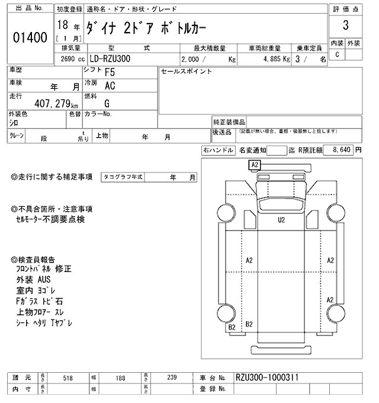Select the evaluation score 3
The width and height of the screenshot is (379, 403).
coord(345,27)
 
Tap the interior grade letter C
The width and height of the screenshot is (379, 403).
coord(338,55)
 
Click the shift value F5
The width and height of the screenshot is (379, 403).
coord(110,72)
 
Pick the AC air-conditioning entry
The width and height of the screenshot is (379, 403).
coord(110,87)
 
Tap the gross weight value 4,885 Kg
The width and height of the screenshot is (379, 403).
coord(272,59)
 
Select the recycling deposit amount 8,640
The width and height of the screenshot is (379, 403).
coord(343,151)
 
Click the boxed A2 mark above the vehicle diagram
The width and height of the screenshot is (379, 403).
coord(255,164)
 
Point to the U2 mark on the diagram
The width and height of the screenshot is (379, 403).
coord(281,219)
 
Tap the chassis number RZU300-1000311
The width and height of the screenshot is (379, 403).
coord(266,376)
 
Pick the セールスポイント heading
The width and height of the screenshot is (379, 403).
coord(187,71)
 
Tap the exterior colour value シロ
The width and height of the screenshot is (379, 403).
coord(13,122)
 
